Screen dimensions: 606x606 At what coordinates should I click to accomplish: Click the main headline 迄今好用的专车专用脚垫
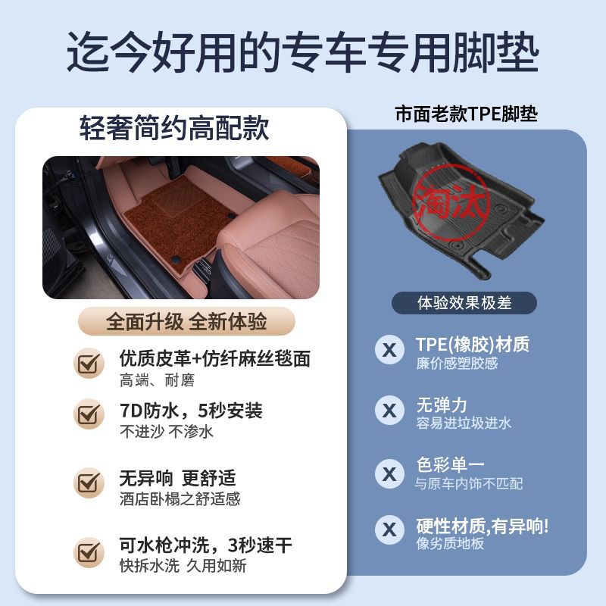[x=302, y=52]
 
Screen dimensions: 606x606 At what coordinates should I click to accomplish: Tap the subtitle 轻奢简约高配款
[x=174, y=128]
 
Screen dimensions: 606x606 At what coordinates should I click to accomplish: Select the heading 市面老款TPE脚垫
[x=466, y=114]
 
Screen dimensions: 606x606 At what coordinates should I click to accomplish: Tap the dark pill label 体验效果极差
[x=464, y=302]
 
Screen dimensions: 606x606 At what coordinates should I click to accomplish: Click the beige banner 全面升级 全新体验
[x=186, y=321]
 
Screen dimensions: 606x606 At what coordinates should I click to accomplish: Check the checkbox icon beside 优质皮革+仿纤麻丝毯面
[x=89, y=363]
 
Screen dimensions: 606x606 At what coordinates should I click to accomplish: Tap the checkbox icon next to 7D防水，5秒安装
[x=89, y=414]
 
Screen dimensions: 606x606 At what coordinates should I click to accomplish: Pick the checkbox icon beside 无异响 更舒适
[x=89, y=483]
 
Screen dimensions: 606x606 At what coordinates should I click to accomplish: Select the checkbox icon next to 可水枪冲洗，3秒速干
[x=89, y=552]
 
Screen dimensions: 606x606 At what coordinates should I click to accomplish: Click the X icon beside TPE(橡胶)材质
[x=389, y=350]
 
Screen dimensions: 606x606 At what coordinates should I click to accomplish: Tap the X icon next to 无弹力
[x=389, y=410]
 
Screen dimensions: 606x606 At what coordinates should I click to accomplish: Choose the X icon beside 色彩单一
[x=389, y=473]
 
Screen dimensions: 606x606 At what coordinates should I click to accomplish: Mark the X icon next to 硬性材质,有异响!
[x=389, y=529]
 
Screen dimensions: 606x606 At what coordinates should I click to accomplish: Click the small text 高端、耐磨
[x=157, y=380]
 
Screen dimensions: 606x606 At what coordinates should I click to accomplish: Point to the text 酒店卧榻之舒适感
[x=180, y=498]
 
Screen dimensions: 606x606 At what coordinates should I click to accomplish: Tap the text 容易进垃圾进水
[x=464, y=423]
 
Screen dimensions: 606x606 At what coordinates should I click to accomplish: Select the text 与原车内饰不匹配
[x=469, y=483]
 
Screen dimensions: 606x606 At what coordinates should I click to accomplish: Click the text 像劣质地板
[x=450, y=543]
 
